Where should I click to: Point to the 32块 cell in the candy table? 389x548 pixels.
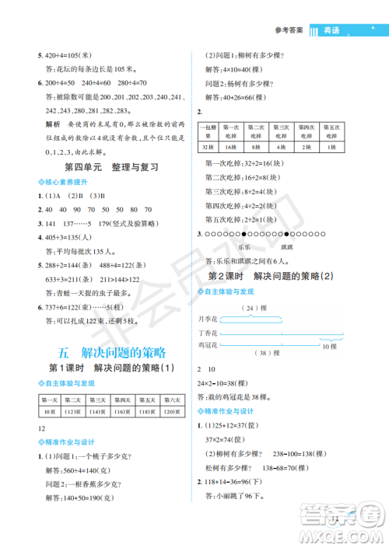coord(207,146)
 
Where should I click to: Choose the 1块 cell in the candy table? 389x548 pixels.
coord(331,146)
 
